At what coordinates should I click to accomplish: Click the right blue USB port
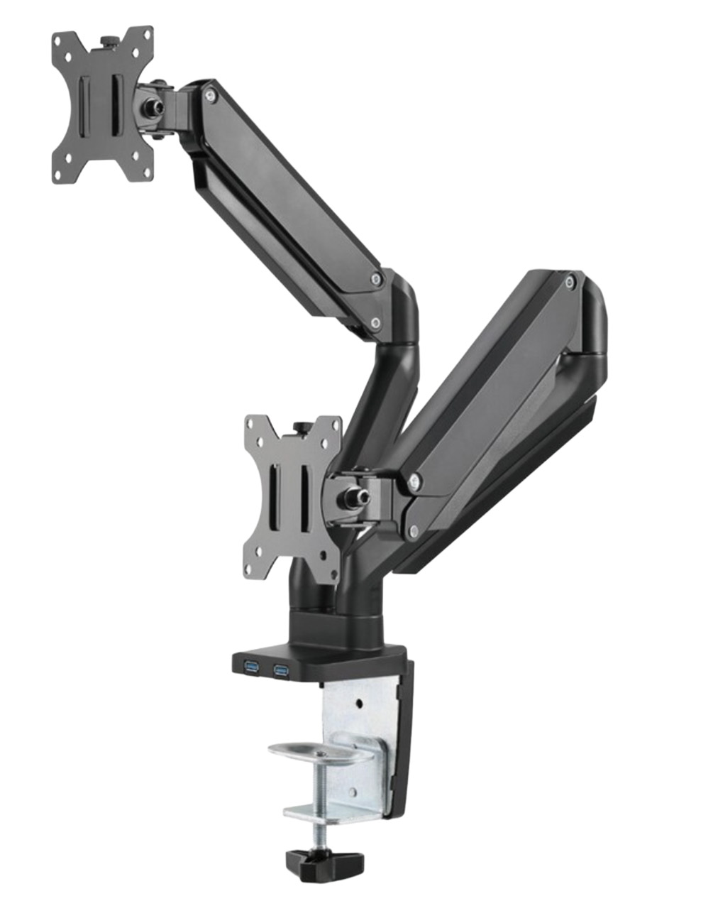tap(280, 668)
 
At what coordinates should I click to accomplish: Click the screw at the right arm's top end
tap(569, 283)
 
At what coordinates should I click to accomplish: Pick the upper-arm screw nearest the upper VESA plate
tap(210, 92)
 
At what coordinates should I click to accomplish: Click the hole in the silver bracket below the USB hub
tap(359, 704)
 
